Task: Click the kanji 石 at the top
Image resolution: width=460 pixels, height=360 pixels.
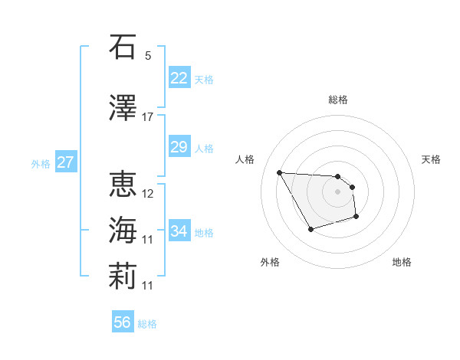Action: coord(123,47)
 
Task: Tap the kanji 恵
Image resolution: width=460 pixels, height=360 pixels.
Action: coord(123,184)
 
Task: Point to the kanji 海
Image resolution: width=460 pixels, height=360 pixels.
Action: coord(123,231)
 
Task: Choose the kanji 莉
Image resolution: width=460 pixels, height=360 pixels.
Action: coord(123,277)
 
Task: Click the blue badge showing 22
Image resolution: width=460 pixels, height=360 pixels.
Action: coord(179,78)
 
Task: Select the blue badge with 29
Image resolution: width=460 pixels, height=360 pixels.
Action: coord(179,147)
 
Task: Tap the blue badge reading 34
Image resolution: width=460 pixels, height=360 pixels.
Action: coord(179,231)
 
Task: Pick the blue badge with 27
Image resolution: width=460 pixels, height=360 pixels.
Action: coord(65,162)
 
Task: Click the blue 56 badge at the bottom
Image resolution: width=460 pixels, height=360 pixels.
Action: coord(122,322)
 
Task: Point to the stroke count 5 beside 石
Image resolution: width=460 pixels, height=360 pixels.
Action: coord(148,56)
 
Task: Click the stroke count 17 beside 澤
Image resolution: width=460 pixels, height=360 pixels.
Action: coord(148,117)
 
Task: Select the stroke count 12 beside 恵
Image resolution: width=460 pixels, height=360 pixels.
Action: coord(149,194)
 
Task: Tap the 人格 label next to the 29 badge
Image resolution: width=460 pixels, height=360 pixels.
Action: coord(204,148)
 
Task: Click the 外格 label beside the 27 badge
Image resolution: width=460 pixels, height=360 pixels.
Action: coord(41,163)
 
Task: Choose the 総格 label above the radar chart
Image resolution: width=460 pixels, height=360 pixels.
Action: coord(338,100)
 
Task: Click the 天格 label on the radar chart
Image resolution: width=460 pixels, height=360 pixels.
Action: coord(432,159)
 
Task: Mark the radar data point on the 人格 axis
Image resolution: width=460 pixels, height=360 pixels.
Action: coord(279,172)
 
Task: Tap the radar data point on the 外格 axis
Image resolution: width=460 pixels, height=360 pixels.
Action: coord(310,229)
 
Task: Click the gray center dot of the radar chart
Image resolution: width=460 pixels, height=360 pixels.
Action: coord(337,191)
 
